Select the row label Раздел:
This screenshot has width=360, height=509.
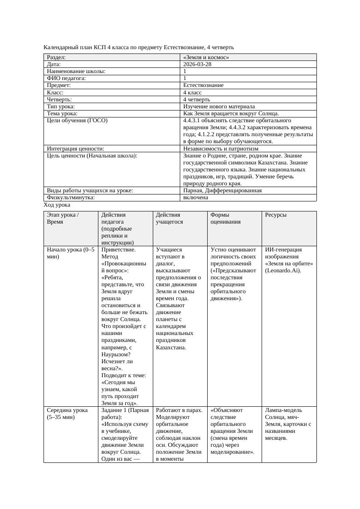(56, 57)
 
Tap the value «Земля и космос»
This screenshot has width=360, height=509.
(206, 57)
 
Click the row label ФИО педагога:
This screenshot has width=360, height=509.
(66, 78)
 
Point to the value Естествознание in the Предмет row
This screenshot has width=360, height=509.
(203, 85)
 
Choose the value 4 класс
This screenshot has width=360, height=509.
(192, 92)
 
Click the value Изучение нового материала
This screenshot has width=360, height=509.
(219, 106)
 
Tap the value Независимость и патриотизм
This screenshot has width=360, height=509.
(221, 148)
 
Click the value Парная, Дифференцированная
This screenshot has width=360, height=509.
(222, 190)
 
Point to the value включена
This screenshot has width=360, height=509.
(195, 197)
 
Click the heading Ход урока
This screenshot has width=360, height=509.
(57, 204)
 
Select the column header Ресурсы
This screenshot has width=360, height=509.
(276, 215)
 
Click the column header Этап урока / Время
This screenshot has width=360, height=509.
(63, 218)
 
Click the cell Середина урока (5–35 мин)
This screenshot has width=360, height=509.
(67, 413)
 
